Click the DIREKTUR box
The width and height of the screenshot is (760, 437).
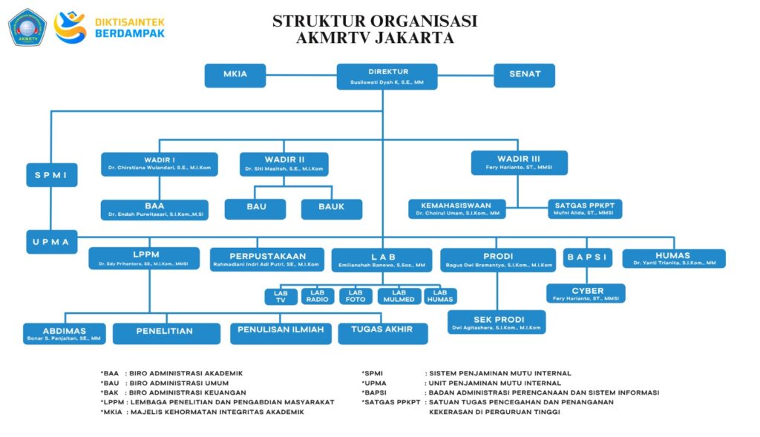pos(387,76)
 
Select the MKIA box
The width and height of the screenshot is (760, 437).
pos(235,75)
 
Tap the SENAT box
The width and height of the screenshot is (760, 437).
pos(525,75)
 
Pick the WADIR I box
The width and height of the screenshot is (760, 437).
pos(159,164)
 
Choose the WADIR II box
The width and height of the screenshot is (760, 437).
pos(284,164)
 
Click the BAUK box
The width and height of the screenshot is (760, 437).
pos(331,208)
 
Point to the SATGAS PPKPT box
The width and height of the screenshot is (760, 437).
pos(585,208)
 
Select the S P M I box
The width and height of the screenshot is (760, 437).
pos(52,175)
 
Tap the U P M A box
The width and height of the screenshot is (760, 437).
pos(52,242)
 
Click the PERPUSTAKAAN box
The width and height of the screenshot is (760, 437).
pos(267,259)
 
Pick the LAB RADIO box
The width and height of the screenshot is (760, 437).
pos(321,296)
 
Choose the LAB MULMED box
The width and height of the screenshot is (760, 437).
pos(399,296)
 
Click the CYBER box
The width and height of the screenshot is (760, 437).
pos(586,294)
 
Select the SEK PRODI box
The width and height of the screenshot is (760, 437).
pos(497,321)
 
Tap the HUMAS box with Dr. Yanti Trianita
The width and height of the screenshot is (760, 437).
pos(673,258)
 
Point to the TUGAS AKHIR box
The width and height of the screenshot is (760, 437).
pos(382,332)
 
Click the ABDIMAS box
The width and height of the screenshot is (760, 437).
pos(65,333)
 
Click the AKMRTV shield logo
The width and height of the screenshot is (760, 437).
pos(27,27)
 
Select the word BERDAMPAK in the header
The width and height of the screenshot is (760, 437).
pos(131,33)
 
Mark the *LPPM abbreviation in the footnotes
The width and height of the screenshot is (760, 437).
pos(112,402)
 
